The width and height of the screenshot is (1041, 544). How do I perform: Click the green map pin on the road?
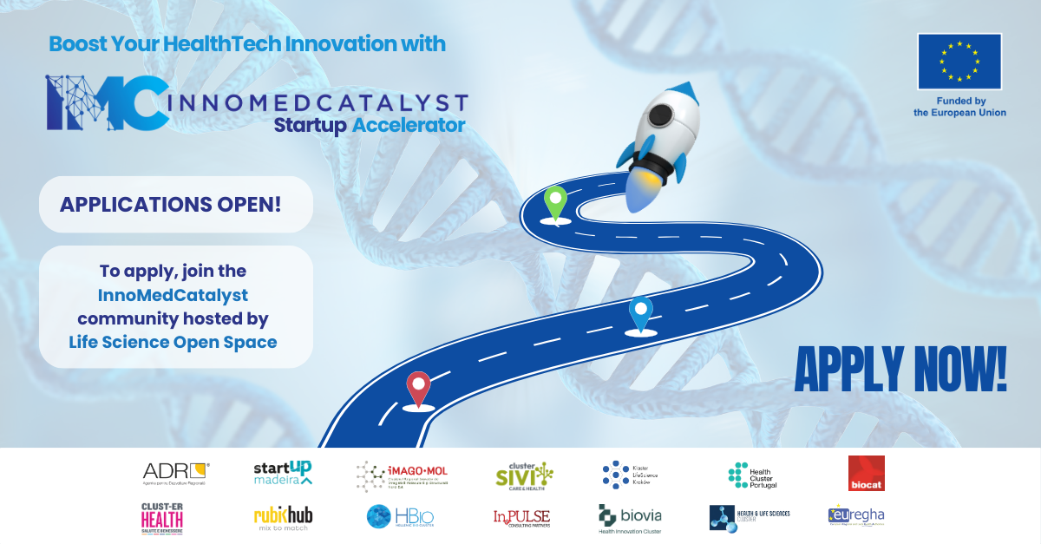coord(554,201)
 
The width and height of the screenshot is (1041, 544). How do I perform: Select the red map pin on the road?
coord(419,387)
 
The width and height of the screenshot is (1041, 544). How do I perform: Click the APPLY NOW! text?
coord(900,370)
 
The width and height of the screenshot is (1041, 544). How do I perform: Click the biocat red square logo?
coord(866,474)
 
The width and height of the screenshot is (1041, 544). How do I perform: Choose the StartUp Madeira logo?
coord(283,473)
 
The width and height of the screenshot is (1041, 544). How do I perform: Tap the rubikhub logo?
coord(283,518)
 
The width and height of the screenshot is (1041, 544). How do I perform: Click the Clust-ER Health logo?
coord(162,518)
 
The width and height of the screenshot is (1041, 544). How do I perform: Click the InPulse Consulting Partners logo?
coord(521,518)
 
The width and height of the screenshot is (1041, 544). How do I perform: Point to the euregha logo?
coord(856,516)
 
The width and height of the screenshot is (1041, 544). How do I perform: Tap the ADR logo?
coord(176,473)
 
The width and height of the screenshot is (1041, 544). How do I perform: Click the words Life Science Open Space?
coord(173,342)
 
